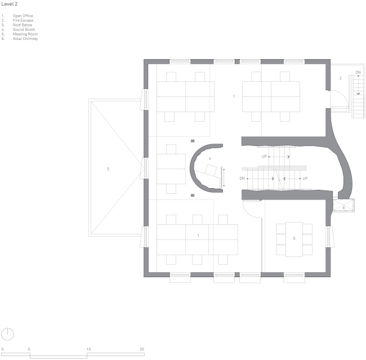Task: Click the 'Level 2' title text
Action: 10,3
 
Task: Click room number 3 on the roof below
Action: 108,168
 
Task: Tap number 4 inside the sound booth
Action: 210,159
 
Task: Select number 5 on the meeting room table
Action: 294,239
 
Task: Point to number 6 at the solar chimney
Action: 343,208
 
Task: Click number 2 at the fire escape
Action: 340,78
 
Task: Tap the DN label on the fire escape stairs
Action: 358,73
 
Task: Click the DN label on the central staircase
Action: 242,179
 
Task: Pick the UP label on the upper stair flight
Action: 264,156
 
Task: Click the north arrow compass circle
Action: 8,333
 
